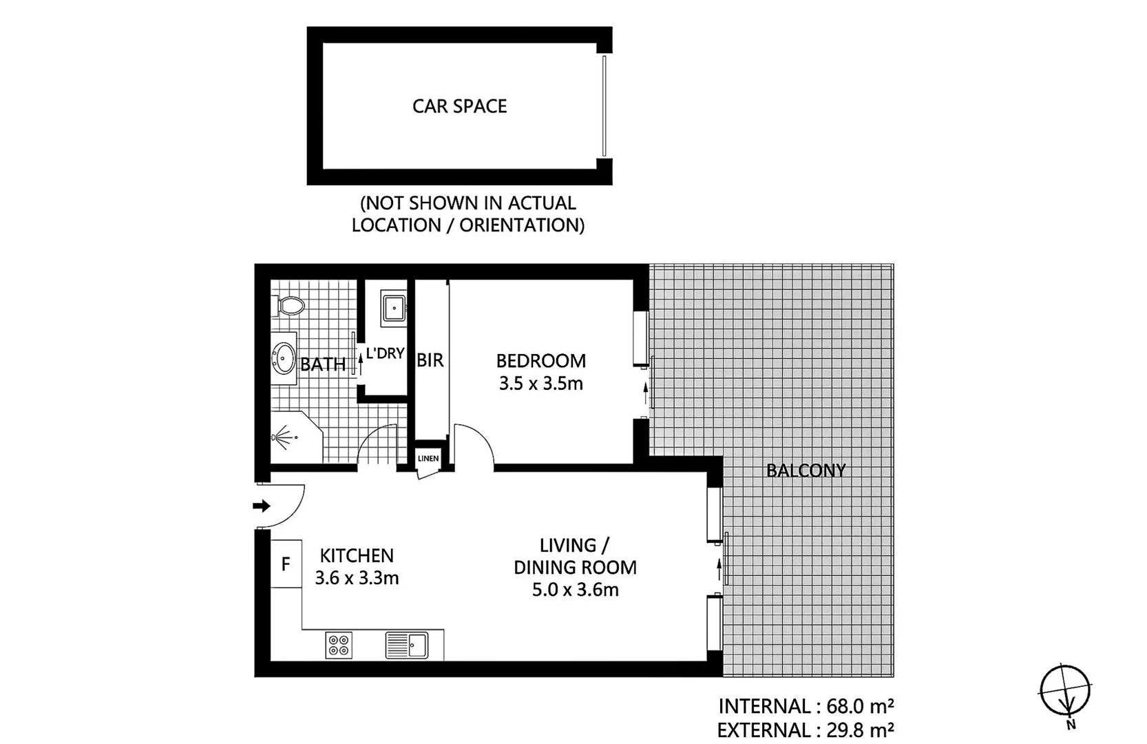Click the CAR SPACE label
pyautogui.click(x=459, y=106)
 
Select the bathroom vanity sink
pyautogui.click(x=283, y=358)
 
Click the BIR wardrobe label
pyautogui.click(x=430, y=360)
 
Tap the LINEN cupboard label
pyautogui.click(x=428, y=459)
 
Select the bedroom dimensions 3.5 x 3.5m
pyautogui.click(x=540, y=384)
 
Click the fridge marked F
pyautogui.click(x=286, y=564)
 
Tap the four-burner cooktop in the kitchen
pyautogui.click(x=338, y=645)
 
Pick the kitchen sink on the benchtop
pyautogui.click(x=407, y=645)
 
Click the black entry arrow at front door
pyautogui.click(x=262, y=506)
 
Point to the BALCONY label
pyautogui.click(x=806, y=471)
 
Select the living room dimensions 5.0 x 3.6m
pyautogui.click(x=575, y=590)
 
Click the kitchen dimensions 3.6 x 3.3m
pyautogui.click(x=357, y=578)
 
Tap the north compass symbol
pyautogui.click(x=1065, y=691)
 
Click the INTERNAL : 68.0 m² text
pyautogui.click(x=806, y=706)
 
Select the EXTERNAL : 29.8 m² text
pyautogui.click(x=806, y=730)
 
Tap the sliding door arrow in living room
pyautogui.click(x=719, y=568)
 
